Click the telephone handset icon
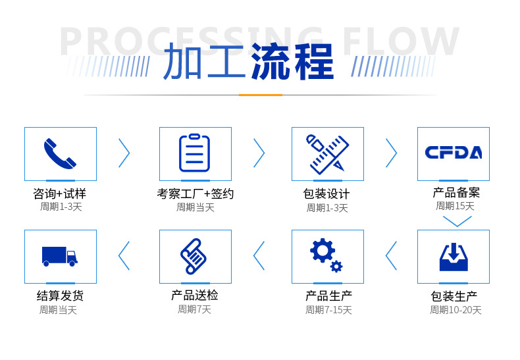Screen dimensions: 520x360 click(x=60, y=153)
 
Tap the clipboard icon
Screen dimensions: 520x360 click(x=195, y=153)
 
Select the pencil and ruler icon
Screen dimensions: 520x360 click(x=327, y=153)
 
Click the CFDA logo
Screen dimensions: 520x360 click(x=453, y=153)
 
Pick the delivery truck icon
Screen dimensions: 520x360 click(x=60, y=255)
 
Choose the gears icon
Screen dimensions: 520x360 click(x=326, y=255)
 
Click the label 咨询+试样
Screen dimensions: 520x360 click(x=60, y=193)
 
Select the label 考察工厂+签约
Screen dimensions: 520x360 click(x=195, y=193)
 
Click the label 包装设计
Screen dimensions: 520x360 click(x=326, y=194)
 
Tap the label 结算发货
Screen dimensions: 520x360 click(x=60, y=296)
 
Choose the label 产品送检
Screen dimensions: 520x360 click(x=194, y=296)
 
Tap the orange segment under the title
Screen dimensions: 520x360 click(x=260, y=95)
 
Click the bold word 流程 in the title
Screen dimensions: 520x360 click(x=292, y=62)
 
